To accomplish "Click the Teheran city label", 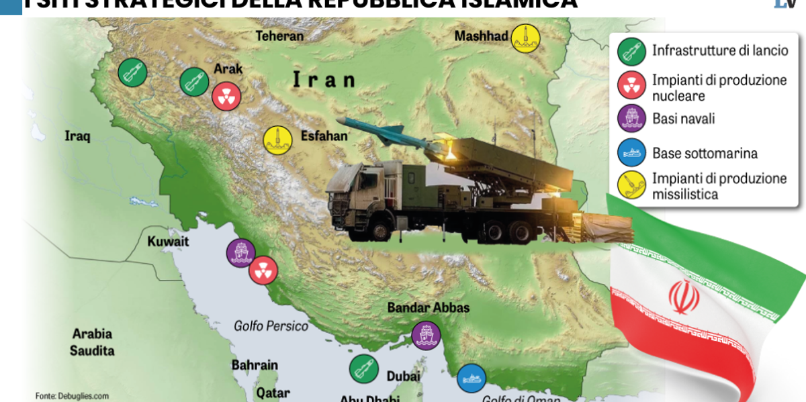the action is click(279, 36).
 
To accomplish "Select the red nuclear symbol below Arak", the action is click(226, 97).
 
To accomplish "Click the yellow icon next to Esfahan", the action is click(277, 140).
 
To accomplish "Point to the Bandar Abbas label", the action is click(428, 308).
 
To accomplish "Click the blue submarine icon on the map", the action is click(472, 378).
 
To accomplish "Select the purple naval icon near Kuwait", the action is click(240, 253).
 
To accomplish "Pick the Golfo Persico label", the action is click(271, 326).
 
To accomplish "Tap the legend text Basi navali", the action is click(683, 119).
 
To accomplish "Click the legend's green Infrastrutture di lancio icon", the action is click(631, 50).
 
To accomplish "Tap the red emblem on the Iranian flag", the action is click(684, 297).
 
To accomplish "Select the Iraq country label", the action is click(77, 136).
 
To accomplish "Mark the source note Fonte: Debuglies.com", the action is click(72, 396).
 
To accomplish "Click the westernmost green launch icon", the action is click(132, 72).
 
